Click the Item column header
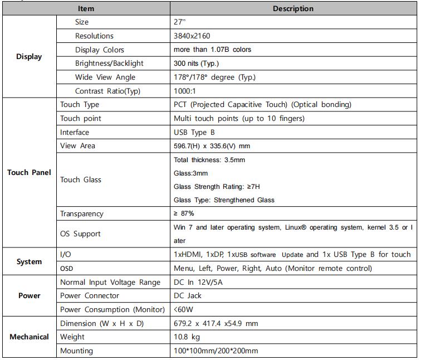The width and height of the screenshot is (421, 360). pyautogui.click(x=86, y=8)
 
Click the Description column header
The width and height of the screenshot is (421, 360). pyautogui.click(x=293, y=8)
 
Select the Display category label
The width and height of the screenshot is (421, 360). pyautogui.click(x=29, y=57)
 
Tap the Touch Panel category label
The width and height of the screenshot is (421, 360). pyautogui.click(x=29, y=172)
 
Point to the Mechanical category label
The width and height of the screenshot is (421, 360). pyautogui.click(x=29, y=337)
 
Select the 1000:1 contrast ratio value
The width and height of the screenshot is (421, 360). pyautogui.click(x=185, y=91)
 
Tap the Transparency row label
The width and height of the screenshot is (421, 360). pyautogui.click(x=81, y=213)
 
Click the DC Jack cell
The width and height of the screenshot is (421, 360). pyautogui.click(x=188, y=296)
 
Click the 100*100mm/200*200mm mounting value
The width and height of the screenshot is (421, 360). pyautogui.click(x=216, y=351)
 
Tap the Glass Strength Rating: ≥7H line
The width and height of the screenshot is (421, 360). pyautogui.click(x=217, y=187)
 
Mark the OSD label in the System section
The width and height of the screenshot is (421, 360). pyautogui.click(x=67, y=269)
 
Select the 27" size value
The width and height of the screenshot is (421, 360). pyautogui.click(x=179, y=22)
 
